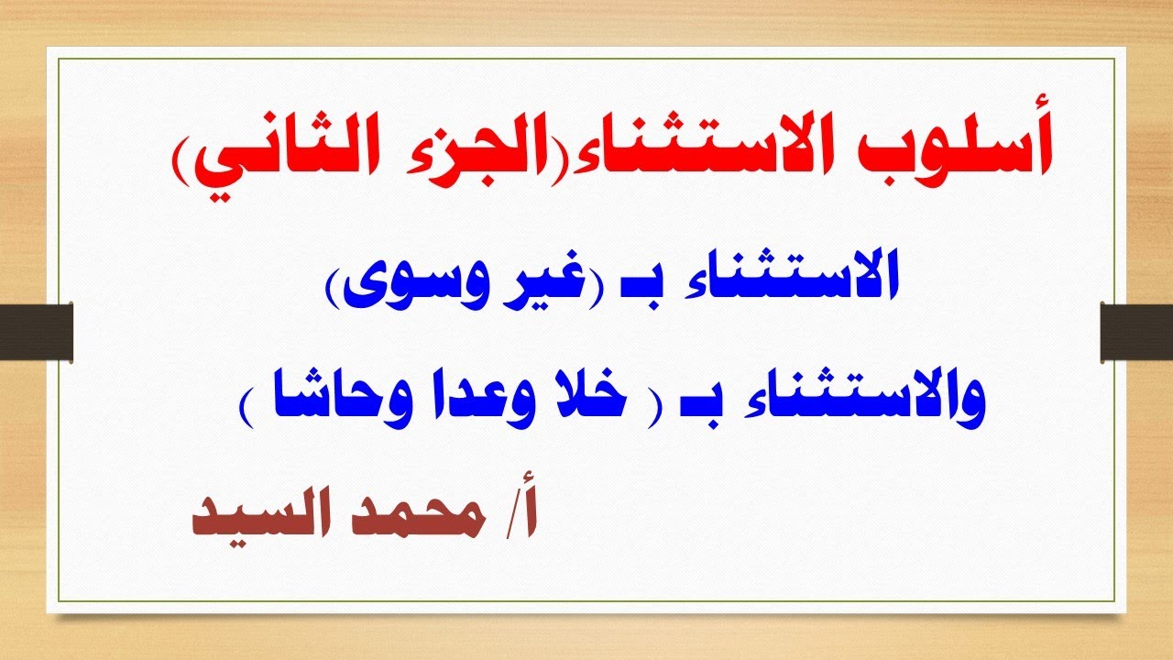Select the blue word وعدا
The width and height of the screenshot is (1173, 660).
pos(449,404)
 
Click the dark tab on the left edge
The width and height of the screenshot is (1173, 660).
pos(36,329)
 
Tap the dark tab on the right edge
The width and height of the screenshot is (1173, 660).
pos(1136,329)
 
